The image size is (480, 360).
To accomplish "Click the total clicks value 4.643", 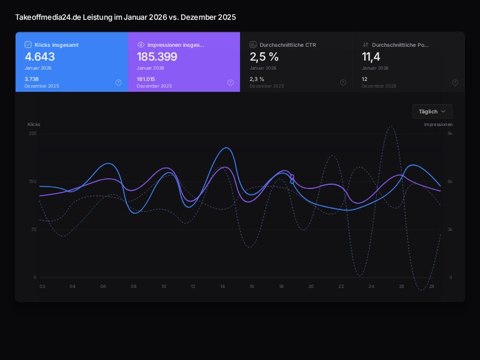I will click(40, 57).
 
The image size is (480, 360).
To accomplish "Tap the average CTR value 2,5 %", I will click(264, 57).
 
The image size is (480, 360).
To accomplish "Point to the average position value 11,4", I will click(371, 57).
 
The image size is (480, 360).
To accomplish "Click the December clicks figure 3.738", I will click(32, 79).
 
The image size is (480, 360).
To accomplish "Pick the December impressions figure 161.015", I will click(146, 79).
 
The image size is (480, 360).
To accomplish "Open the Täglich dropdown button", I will click(432, 112).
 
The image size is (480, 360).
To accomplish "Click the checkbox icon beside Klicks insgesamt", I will click(28, 44).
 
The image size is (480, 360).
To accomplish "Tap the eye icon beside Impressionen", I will click(141, 44).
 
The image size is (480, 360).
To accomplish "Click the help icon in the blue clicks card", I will click(118, 83).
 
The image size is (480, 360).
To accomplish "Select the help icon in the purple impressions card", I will click(230, 83).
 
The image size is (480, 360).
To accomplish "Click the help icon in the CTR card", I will click(343, 83).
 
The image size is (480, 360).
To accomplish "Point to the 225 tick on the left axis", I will click(32, 133).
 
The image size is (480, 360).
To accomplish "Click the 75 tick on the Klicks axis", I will click(34, 229).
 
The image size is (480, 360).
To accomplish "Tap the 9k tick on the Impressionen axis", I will click(450, 133).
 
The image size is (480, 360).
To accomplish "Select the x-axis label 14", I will click(223, 287).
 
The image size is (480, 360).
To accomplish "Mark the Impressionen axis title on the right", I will click(438, 124).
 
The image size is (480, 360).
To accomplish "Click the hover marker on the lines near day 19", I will click(292, 179).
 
